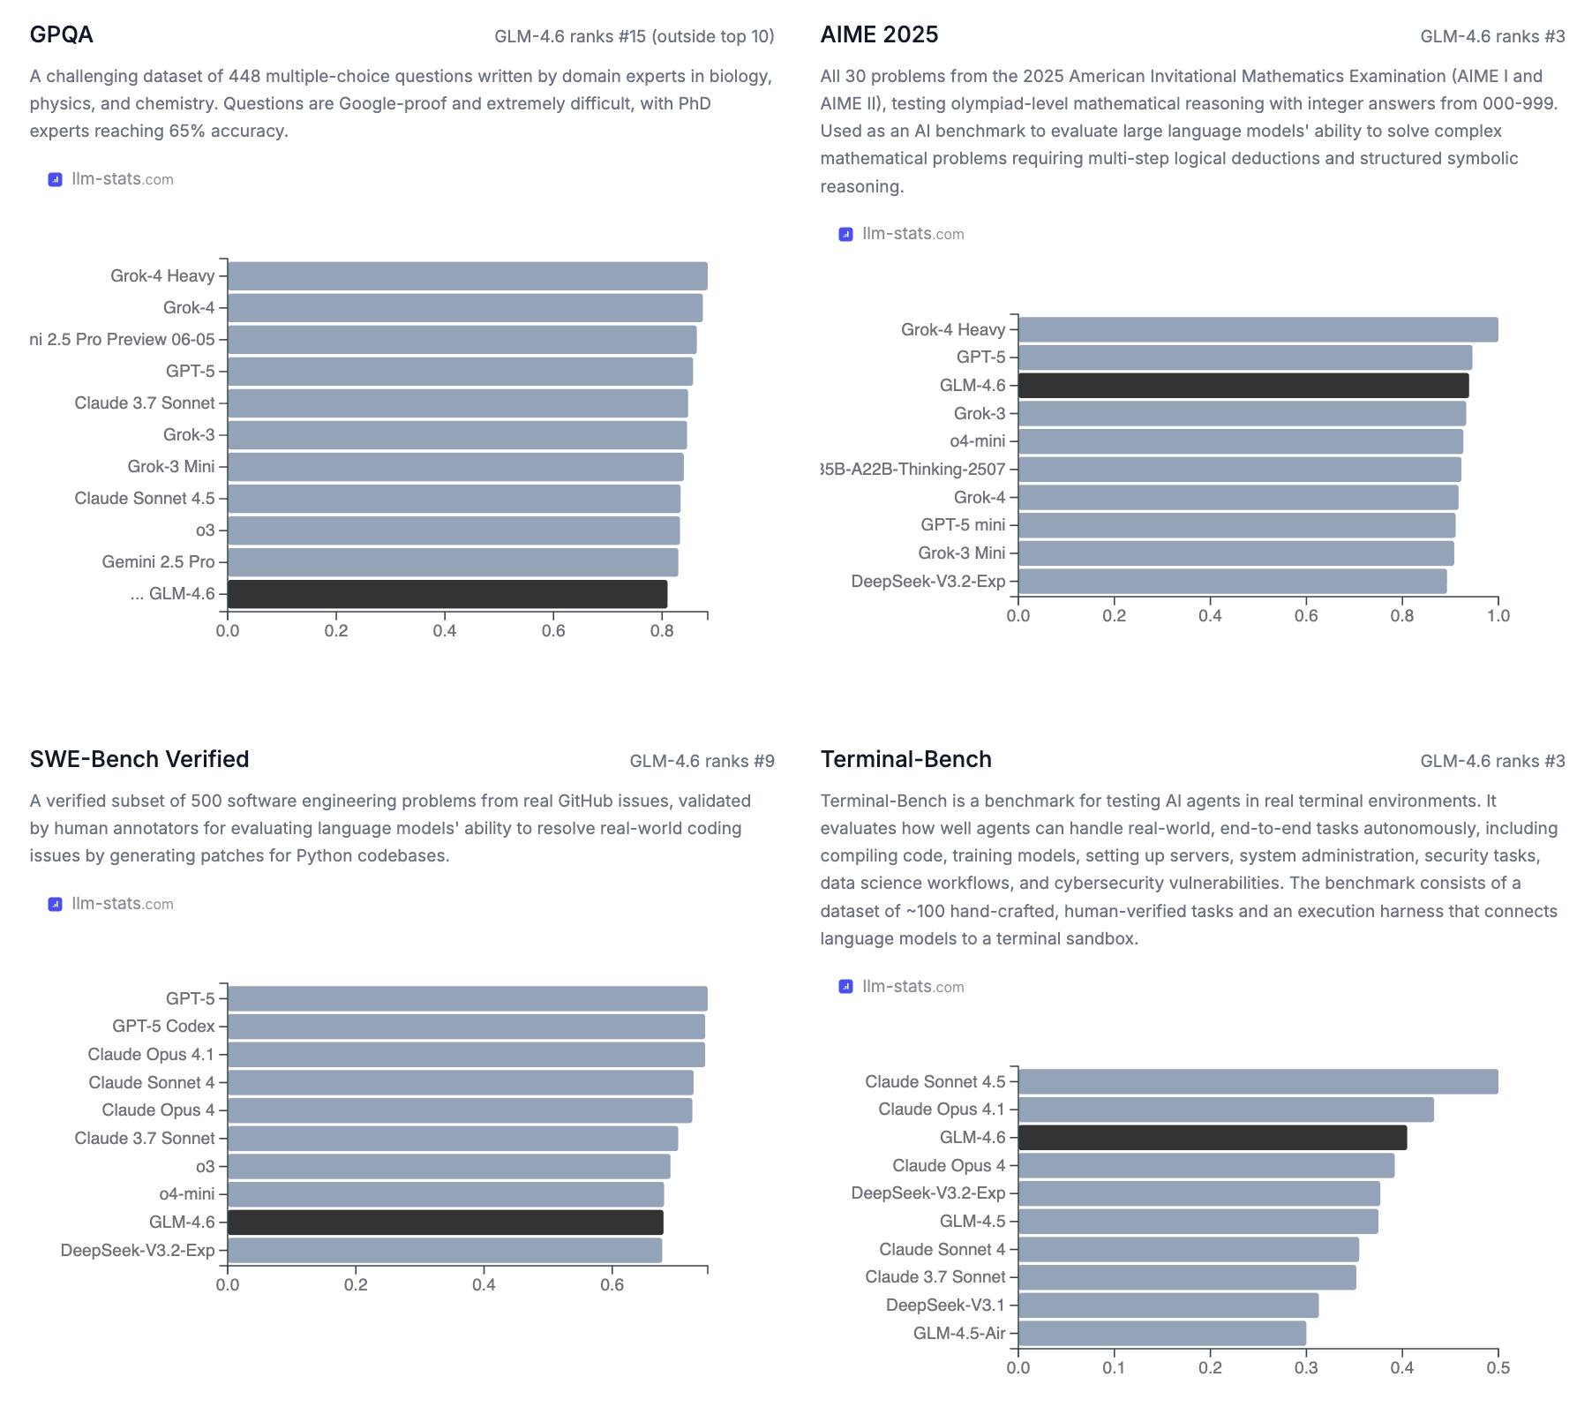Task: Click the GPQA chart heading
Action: click(x=61, y=34)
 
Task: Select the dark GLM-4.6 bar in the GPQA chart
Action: click(x=447, y=594)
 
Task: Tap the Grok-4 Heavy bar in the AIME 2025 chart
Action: click(x=1258, y=330)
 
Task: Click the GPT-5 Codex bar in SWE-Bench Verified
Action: click(x=466, y=1027)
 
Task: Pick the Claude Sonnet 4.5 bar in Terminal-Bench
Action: click(x=1258, y=1082)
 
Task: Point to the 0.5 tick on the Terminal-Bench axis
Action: click(x=1498, y=1368)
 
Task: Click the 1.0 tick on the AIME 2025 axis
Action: click(x=1498, y=616)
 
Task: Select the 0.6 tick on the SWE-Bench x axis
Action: click(x=612, y=1285)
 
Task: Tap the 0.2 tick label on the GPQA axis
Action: click(x=336, y=631)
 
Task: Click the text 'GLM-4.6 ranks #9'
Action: click(x=702, y=761)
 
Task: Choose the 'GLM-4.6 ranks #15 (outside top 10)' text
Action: click(x=634, y=36)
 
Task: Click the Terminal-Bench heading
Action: click(x=905, y=759)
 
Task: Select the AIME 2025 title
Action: click(x=879, y=34)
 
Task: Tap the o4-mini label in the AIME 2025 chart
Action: click(x=977, y=441)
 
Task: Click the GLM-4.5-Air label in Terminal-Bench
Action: click(x=958, y=1334)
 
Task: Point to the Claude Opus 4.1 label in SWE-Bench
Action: click(x=151, y=1055)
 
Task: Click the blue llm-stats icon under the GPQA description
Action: click(x=55, y=179)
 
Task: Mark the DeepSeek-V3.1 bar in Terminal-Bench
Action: click(x=1168, y=1305)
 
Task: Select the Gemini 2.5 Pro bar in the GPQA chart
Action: click(x=453, y=562)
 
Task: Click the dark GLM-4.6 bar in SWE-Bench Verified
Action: click(x=446, y=1223)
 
